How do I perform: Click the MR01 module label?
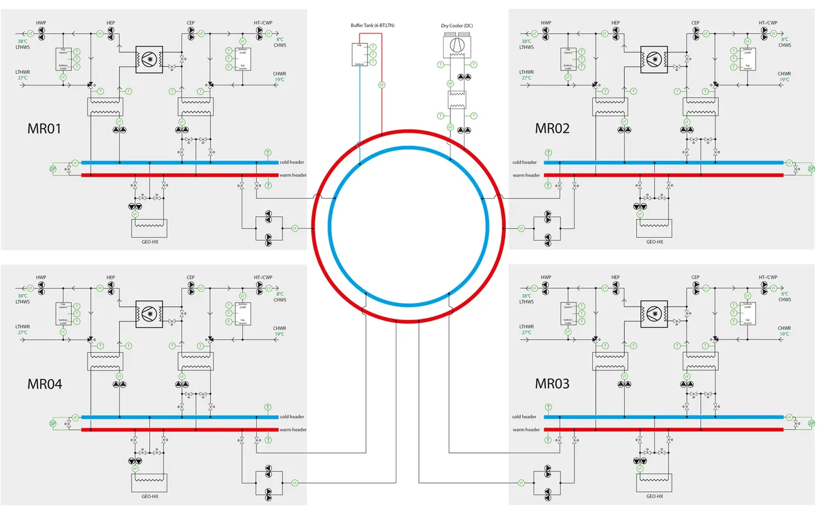coord(45,128)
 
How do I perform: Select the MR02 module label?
coord(552,128)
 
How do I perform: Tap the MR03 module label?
coord(552,383)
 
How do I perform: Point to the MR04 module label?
coord(45,383)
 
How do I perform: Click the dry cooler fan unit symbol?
coord(457,44)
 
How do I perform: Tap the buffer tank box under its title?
coord(359,55)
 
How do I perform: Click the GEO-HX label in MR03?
coord(655,496)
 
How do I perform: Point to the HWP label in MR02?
coord(546,23)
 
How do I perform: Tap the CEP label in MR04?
coord(191,277)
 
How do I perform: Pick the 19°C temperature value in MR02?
coord(784,80)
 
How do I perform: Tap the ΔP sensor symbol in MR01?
coord(53,169)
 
